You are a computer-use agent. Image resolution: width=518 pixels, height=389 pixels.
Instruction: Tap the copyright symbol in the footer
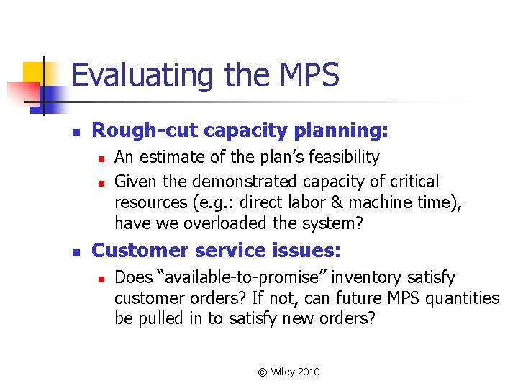pos(263,372)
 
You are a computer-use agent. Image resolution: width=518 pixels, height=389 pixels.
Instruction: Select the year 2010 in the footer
pos(309,372)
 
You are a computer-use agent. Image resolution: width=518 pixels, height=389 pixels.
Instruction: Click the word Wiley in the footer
pos(281,372)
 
